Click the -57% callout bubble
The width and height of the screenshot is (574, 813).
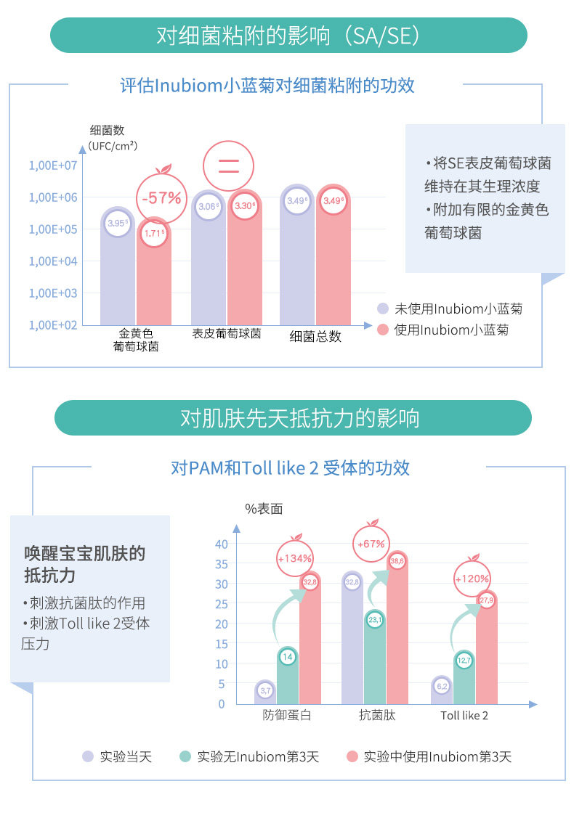point(161,197)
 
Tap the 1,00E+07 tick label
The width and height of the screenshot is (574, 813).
point(53,166)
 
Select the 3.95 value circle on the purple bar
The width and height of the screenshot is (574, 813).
point(116,224)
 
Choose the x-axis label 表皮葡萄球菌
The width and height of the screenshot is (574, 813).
point(226,334)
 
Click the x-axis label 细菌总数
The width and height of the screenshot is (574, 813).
point(315,336)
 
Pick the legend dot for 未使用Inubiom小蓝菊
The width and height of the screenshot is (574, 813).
point(383,309)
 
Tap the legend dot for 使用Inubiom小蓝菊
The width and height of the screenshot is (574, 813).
point(383,330)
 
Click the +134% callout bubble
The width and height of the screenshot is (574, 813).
point(295,558)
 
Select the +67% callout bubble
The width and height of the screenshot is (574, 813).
point(371,543)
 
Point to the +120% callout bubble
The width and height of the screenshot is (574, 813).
point(472,579)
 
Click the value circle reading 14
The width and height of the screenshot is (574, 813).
point(288,657)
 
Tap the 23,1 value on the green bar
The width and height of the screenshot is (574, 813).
point(376,620)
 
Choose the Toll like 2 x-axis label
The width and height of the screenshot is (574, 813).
point(464,716)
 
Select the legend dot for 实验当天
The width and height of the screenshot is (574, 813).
point(88,756)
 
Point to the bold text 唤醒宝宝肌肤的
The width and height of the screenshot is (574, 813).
point(85,554)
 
